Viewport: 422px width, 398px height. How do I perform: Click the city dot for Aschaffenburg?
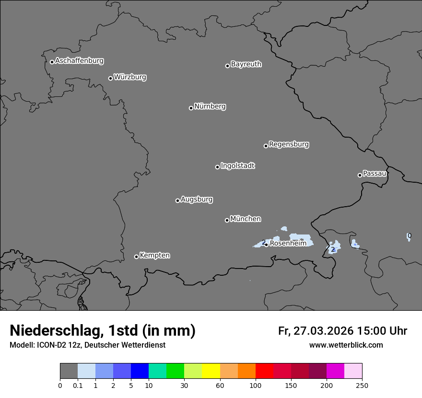[52, 62]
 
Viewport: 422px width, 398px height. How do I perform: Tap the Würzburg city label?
[130, 77]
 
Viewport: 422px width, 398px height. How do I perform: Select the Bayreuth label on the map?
[246, 64]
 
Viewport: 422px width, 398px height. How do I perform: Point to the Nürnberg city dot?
[191, 108]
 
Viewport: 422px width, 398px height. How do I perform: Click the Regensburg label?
[289, 144]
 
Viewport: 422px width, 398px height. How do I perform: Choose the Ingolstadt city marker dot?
[217, 167]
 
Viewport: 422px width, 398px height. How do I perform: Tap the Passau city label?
[375, 174]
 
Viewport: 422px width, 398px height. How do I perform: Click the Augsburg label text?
[197, 199]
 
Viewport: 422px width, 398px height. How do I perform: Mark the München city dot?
[227, 220]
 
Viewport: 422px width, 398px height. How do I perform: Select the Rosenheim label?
[288, 244]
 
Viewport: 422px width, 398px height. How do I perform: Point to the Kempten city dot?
[136, 257]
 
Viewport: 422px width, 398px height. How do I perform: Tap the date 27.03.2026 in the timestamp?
[322, 331]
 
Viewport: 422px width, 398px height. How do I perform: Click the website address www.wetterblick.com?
[346, 345]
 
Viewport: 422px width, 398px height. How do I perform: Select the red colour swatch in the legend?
[264, 371]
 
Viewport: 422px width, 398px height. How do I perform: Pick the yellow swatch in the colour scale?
[211, 371]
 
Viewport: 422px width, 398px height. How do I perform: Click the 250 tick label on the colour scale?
[362, 386]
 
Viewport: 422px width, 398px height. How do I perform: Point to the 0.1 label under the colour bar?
[78, 386]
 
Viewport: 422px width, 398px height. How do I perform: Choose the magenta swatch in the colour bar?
[335, 371]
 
